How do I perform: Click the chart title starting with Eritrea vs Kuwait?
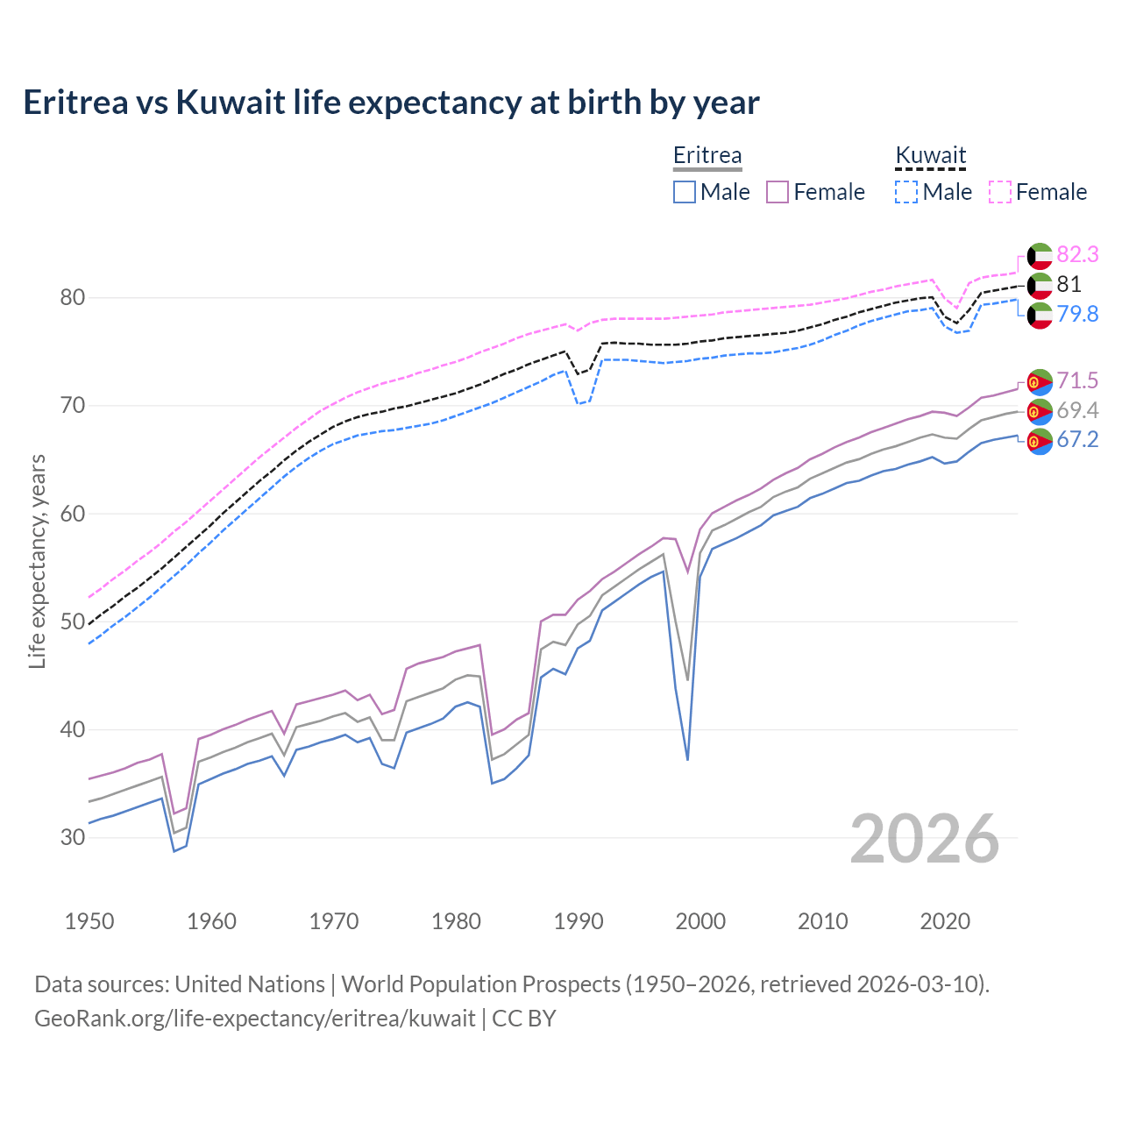[x=391, y=103]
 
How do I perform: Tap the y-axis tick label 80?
[x=73, y=298]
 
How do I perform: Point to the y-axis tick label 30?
[x=73, y=837]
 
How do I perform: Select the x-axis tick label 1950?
[x=89, y=921]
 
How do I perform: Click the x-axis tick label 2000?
[x=700, y=921]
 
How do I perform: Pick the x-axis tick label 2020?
[x=945, y=921]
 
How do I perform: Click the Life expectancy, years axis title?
[x=38, y=561]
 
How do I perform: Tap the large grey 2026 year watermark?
[x=925, y=839]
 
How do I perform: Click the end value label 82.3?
[x=1077, y=255]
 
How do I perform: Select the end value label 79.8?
[x=1077, y=314]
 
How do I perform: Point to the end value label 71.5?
[x=1077, y=380]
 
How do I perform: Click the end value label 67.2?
[x=1077, y=440]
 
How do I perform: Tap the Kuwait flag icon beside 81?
[x=1040, y=285]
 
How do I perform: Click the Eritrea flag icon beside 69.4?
[x=1040, y=411]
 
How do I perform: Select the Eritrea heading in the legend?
[x=707, y=155]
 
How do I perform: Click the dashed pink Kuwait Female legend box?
[x=1000, y=192]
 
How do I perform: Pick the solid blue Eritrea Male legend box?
[x=685, y=192]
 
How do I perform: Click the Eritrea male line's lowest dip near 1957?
[x=174, y=850]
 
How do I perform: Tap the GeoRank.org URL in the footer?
[x=255, y=1018]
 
